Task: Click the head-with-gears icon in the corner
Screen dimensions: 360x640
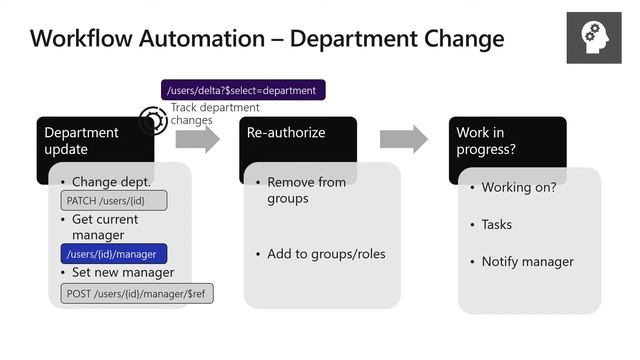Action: [x=594, y=37]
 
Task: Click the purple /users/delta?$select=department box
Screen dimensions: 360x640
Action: [x=243, y=90]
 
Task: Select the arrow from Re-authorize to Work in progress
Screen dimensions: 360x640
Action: [x=403, y=139]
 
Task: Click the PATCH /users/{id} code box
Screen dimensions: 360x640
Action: [x=113, y=201]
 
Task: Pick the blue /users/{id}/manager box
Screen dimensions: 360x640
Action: [x=113, y=254]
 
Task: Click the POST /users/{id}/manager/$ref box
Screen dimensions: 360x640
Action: [x=139, y=294]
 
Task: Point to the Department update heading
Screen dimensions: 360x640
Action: [x=82, y=140]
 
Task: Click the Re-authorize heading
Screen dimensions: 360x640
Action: [x=286, y=132]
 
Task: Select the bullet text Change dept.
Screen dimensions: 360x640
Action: [x=111, y=182]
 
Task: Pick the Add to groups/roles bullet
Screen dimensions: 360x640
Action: [x=326, y=254]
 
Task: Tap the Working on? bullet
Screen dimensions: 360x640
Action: [x=518, y=187]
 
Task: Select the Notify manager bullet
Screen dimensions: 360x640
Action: [x=527, y=262]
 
